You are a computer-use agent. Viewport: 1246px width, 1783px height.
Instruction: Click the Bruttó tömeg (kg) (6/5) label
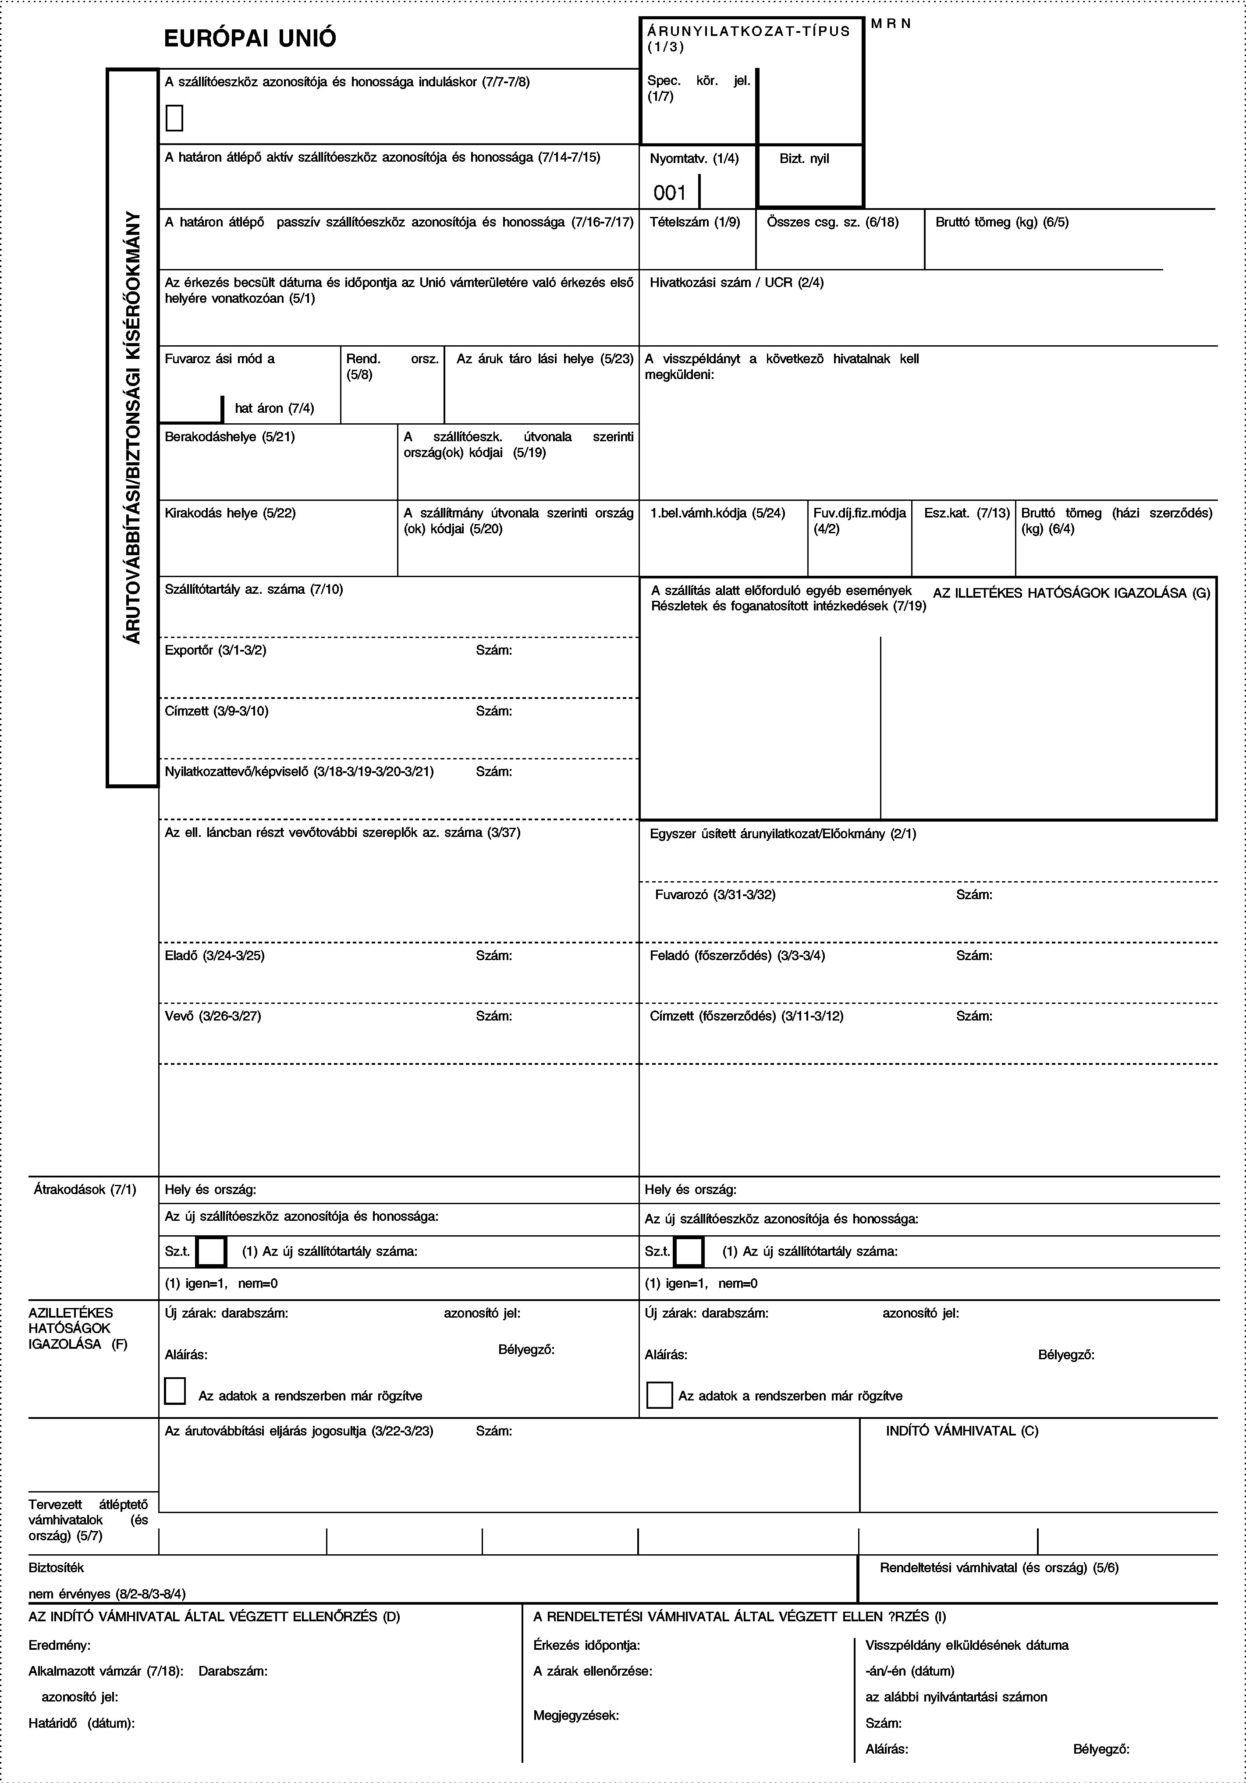1001,222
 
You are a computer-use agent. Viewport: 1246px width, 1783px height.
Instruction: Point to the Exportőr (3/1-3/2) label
216,650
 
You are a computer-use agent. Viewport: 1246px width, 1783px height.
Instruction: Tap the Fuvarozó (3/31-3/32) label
715,895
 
